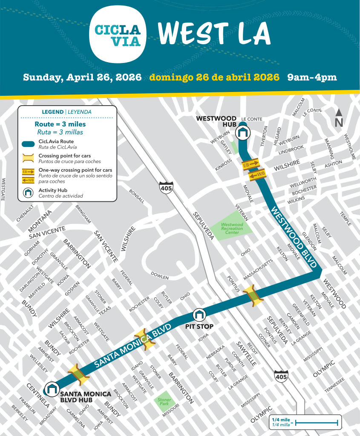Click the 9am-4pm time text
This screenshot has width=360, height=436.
(x=312, y=77)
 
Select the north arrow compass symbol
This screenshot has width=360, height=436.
(x=339, y=118)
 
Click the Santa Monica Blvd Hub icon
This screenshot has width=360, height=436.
(x=52, y=388)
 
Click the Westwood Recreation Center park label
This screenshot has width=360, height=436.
(x=232, y=228)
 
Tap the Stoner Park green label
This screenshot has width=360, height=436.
(x=164, y=402)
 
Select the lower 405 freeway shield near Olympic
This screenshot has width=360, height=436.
(x=281, y=376)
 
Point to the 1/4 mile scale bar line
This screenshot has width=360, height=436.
(x=317, y=423)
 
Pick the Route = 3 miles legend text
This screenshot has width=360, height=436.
(x=60, y=124)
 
